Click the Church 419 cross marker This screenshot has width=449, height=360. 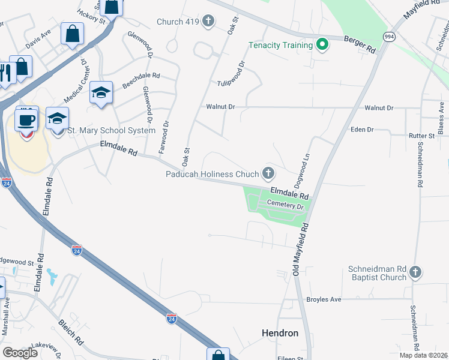[x=208, y=22]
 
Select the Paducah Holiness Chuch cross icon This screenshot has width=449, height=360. [x=268, y=174]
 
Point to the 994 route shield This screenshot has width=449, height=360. [x=389, y=36]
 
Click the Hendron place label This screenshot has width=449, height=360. [x=280, y=332]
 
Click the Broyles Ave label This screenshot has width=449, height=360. [x=324, y=299]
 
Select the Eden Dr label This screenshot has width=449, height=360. [x=362, y=130]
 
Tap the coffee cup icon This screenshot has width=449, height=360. [x=26, y=119]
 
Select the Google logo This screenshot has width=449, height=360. [x=20, y=353]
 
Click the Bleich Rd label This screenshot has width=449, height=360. [x=71, y=332]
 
